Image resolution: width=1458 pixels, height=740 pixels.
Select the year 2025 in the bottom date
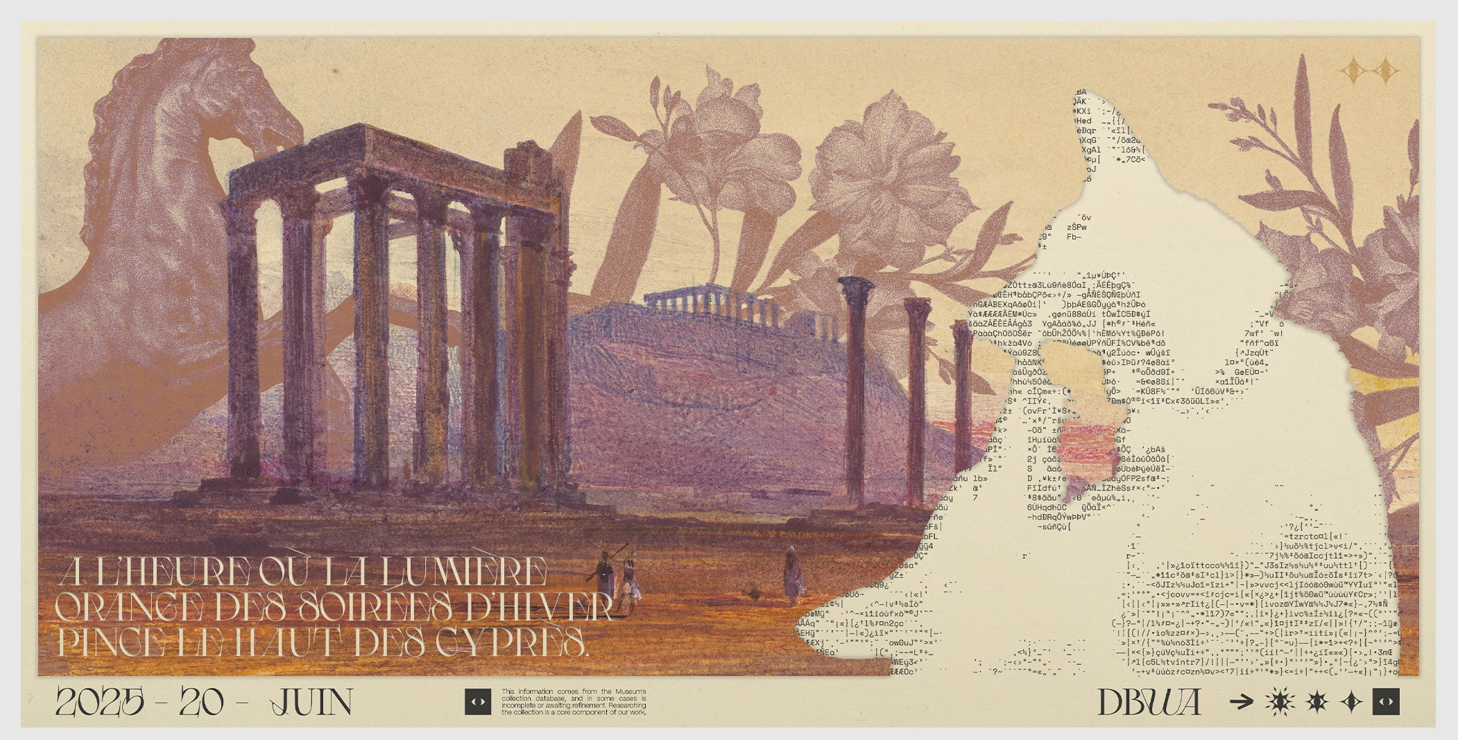100,703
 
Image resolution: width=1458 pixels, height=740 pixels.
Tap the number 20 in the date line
202,703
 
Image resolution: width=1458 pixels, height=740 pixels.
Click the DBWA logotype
1149,703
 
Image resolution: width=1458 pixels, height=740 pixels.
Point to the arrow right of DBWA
1242,703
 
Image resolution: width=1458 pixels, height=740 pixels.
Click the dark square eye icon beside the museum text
477,702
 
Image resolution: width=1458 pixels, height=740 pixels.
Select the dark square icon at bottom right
1386,702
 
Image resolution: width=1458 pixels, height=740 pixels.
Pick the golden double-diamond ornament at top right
1369,71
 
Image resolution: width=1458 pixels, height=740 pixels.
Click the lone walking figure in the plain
792,576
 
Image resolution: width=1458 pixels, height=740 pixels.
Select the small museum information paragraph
574,702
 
